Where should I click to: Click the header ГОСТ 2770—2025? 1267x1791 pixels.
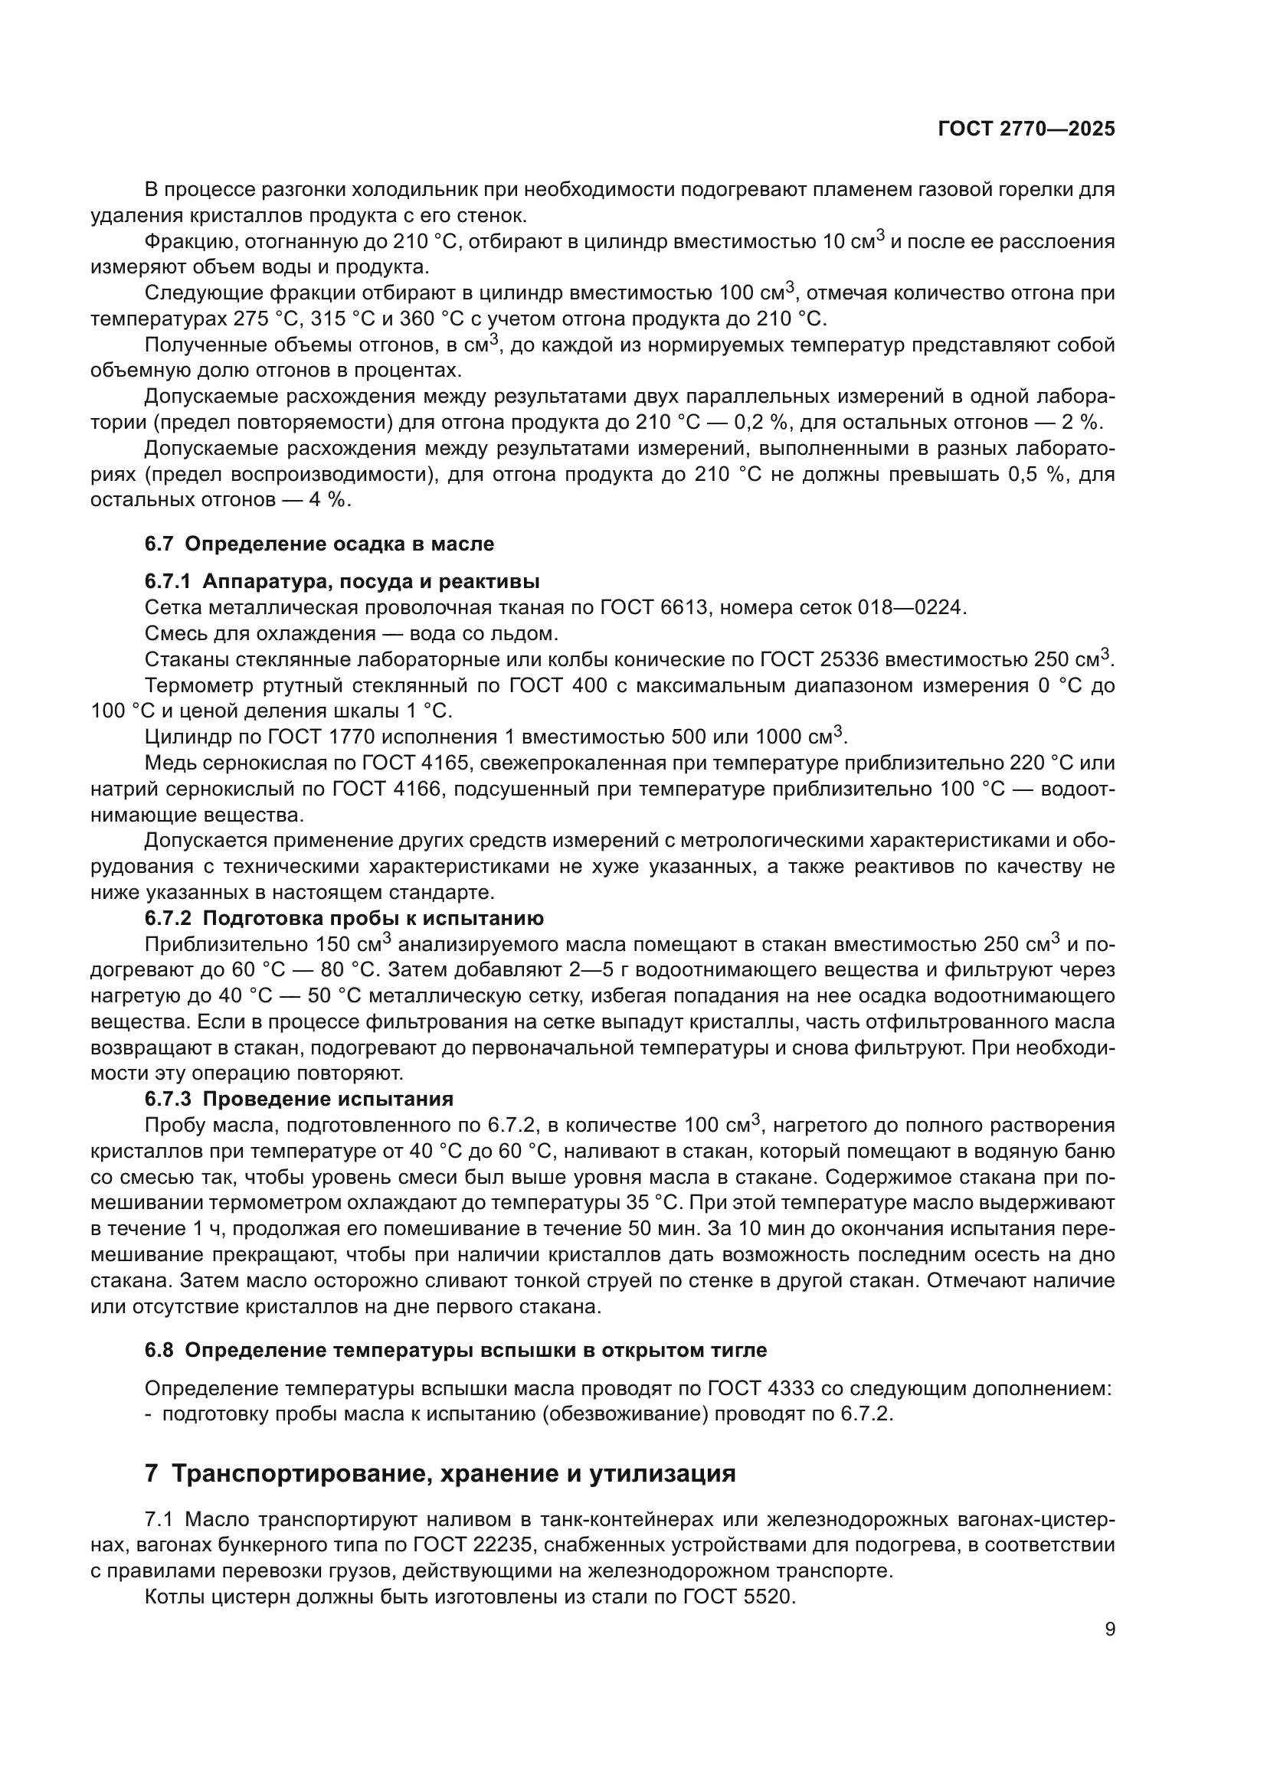tap(1026, 129)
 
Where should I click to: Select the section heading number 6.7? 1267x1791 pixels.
tap(159, 544)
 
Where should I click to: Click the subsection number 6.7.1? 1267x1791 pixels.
tap(167, 582)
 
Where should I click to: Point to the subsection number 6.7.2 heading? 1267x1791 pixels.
tap(167, 918)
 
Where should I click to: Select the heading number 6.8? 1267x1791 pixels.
tap(159, 1350)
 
